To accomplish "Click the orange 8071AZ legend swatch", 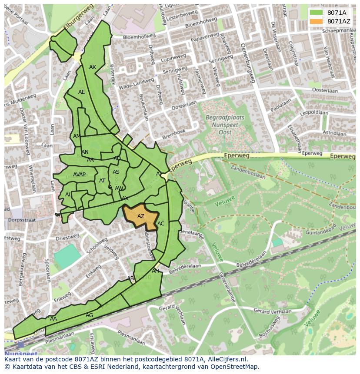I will click(x=317, y=21).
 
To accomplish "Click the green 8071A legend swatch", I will click(x=317, y=13).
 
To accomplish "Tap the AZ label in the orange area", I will click(x=141, y=216).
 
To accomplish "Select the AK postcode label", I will click(x=93, y=67).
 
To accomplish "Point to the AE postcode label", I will click(x=82, y=92).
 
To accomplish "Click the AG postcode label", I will click(x=89, y=315).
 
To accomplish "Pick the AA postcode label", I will click(x=53, y=319).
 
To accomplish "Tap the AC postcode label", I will click(x=161, y=224).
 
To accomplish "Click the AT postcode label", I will click(x=102, y=181).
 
